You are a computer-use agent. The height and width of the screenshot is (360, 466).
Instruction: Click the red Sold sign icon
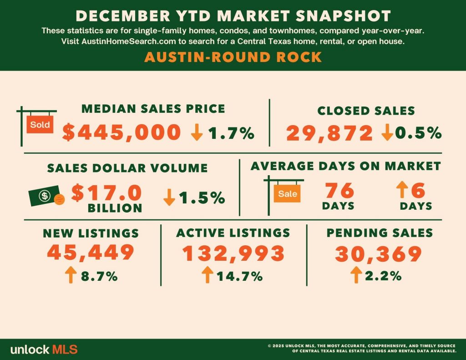40,124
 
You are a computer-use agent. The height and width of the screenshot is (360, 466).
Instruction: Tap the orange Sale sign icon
287,193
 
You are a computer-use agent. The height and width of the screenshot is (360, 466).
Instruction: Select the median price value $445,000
122,132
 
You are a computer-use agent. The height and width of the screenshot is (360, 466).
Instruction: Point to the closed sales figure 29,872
329,133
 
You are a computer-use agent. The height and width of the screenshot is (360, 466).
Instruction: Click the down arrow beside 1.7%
197,132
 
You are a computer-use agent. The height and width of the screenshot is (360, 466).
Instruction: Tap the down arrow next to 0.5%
387,132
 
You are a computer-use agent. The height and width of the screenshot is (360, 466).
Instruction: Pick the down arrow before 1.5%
169,198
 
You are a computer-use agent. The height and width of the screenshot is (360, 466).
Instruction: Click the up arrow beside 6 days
402,190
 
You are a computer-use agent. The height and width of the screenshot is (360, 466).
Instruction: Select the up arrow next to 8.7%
71,275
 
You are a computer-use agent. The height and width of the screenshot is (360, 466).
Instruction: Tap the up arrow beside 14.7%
208,275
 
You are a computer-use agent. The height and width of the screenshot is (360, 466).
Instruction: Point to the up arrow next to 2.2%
356,275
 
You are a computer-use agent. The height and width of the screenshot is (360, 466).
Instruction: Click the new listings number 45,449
91,253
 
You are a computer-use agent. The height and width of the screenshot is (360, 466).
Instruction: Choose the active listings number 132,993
233,254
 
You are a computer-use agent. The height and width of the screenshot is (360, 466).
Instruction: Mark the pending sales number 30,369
378,254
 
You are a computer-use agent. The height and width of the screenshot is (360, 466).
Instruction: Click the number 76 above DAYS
339,190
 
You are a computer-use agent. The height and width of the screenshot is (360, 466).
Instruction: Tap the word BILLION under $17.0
115,208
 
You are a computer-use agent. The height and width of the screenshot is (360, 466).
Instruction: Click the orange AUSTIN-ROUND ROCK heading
233,57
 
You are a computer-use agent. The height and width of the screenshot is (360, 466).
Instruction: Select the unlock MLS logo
44,349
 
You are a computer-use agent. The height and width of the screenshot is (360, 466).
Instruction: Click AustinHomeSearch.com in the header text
129,41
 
